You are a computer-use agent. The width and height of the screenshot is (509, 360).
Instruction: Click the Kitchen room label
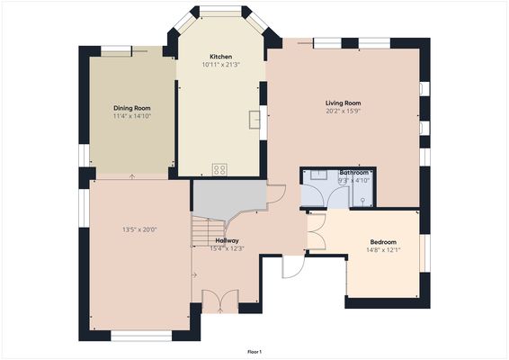point(221,56)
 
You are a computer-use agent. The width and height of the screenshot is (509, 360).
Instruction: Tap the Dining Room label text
point(131,108)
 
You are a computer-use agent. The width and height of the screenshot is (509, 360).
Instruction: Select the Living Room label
point(343,103)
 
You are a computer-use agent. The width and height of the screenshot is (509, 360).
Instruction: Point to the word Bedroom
point(384,242)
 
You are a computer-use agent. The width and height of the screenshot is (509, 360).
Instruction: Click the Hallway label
point(227,240)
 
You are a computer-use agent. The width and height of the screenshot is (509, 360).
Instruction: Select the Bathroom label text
point(353,172)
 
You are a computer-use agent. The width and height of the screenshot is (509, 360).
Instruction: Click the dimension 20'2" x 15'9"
point(343,112)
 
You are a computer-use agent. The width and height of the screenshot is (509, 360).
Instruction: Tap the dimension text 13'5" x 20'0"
point(139,229)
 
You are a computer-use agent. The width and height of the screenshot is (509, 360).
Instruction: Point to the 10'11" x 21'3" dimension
point(221,65)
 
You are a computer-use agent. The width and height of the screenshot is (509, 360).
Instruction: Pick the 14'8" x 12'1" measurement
point(384,251)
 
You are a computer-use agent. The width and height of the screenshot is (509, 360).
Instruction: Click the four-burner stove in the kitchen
point(219,168)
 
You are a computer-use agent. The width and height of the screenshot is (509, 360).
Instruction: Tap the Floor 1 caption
point(254,351)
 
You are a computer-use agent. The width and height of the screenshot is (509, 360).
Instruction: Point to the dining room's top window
point(117,50)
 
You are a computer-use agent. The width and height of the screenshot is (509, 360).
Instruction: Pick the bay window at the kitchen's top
point(220,11)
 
